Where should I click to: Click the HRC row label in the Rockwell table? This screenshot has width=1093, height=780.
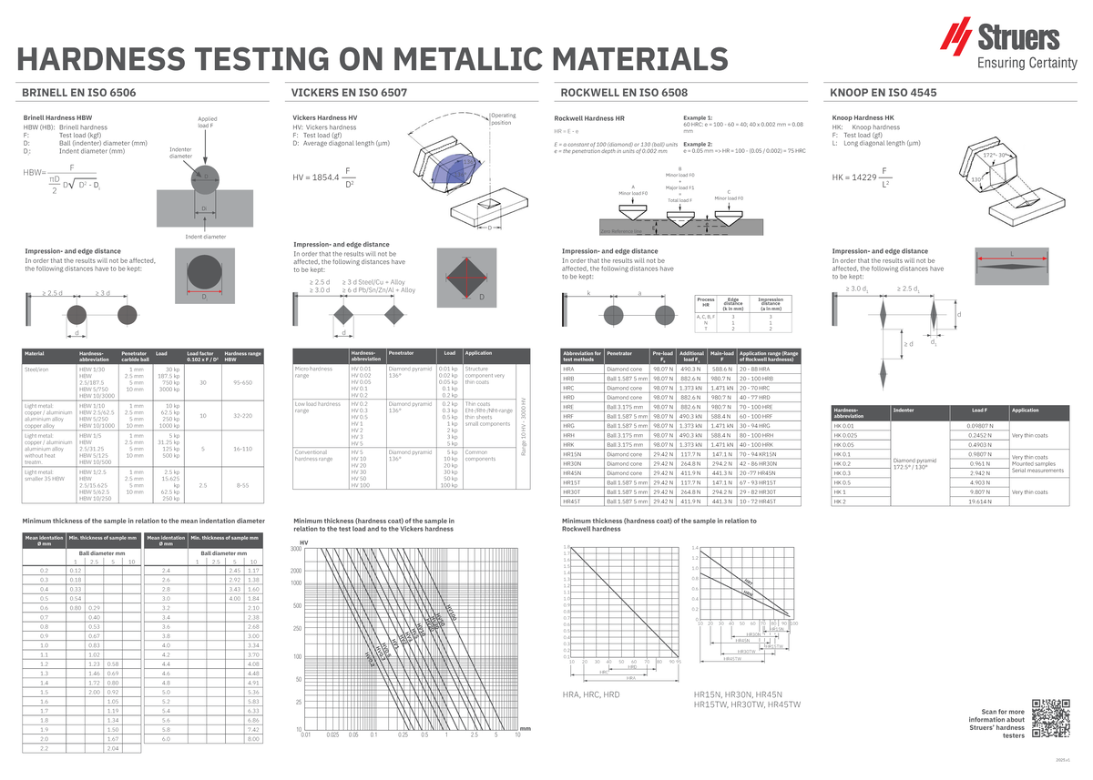coord(568,389)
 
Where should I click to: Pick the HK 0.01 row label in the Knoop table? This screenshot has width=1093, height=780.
coord(844,425)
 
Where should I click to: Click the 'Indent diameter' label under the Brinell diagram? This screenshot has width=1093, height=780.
coord(205,237)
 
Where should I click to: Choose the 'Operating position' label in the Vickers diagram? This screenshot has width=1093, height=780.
coord(503,119)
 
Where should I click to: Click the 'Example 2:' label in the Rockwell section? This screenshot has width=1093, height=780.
coord(698,144)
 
